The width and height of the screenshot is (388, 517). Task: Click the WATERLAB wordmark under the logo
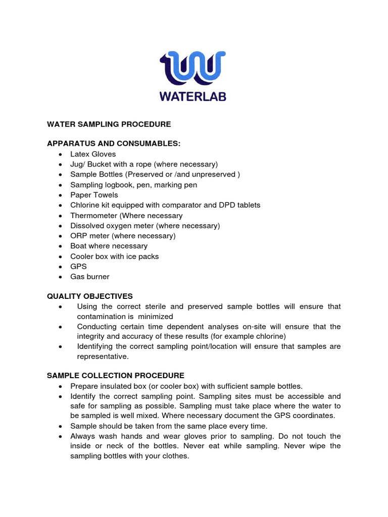point(193,96)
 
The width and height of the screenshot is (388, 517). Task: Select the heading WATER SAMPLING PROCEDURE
point(109,124)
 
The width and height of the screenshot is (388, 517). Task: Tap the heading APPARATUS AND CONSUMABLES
point(113,144)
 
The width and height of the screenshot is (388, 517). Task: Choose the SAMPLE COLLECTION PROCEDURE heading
point(116,376)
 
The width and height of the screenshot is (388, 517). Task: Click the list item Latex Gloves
point(93,154)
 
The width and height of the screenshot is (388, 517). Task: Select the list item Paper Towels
point(94,195)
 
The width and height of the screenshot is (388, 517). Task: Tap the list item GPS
point(78,267)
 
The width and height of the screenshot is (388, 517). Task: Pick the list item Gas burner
point(89,277)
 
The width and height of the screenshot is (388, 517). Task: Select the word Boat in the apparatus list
point(78,246)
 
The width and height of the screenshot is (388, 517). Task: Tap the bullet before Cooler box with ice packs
point(61,257)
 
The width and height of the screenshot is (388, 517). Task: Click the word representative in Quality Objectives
point(103,356)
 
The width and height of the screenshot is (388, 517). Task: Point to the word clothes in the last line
point(174,456)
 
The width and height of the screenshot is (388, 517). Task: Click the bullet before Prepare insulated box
point(61,387)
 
